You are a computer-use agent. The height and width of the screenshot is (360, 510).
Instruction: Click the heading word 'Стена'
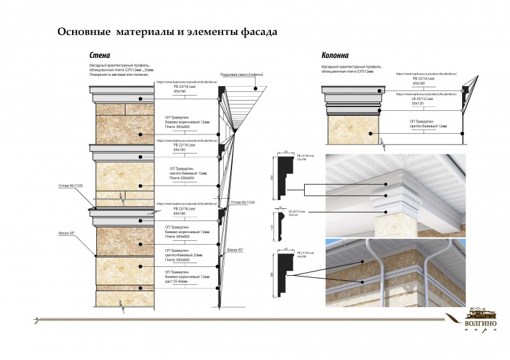pos(99,55)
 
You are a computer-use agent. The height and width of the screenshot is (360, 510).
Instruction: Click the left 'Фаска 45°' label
pos(67,233)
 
